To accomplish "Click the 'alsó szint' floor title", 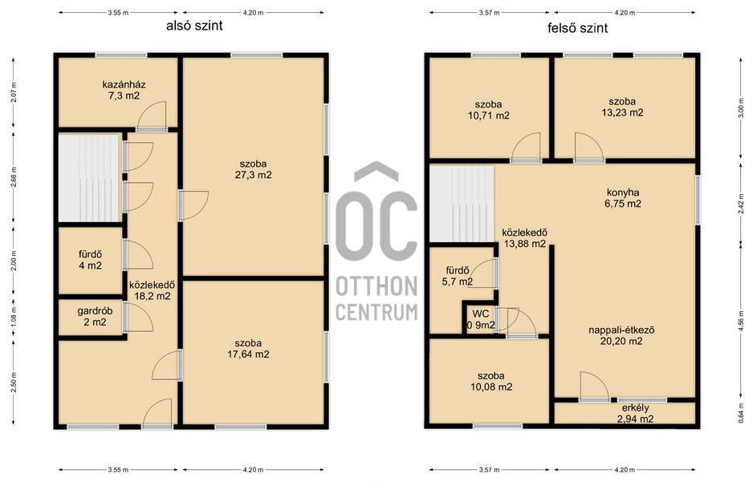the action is pos(194,26).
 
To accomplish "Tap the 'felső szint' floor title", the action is pos(577,28).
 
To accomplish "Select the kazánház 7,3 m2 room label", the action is pos(124,90).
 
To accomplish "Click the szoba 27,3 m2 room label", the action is pos(253,170).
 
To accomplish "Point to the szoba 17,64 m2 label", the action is pos(248,349).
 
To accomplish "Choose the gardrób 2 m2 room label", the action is pos(95,317).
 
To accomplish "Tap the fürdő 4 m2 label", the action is pos(90,260).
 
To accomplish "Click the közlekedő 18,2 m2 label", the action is pos(153,290).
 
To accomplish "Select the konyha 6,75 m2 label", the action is pos(623,198).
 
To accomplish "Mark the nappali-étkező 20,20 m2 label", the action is pos(621,336).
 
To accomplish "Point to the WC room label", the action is pos(481,314).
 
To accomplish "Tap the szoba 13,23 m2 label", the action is pos(622,107).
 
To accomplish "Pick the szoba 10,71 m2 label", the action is pos(488,110).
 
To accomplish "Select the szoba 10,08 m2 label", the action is pos(491,381).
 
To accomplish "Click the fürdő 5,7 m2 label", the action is pos(458,276).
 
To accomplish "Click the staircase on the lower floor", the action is pos(89,178).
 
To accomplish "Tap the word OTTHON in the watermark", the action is pos(376,287).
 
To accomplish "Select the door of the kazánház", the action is pos(152,115).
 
